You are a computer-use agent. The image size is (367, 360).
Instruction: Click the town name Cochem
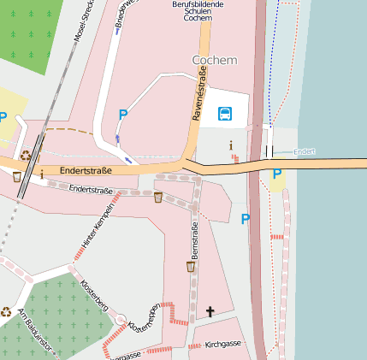pos(215,61)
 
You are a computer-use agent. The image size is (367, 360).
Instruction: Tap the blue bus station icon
pos(225,114)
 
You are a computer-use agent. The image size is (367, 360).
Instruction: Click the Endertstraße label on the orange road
pos(87,171)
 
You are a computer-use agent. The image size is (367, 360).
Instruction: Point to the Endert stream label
pos(305,152)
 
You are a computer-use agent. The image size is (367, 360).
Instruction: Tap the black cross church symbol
pos(210,312)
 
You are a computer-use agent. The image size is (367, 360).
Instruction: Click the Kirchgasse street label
pos(223,344)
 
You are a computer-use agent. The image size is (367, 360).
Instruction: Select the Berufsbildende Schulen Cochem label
pos(198,10)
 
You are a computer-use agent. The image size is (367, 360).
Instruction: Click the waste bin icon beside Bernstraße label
pos(191,267)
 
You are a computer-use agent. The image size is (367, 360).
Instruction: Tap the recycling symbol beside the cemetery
pos(7,312)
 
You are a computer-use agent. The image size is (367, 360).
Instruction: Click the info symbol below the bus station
pos(230,145)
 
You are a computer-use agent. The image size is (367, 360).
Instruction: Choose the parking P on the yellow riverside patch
pos(276,174)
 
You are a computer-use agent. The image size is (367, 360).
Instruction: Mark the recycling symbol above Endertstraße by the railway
pos(26,156)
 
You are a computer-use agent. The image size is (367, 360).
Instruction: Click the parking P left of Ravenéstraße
pos(122,114)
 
